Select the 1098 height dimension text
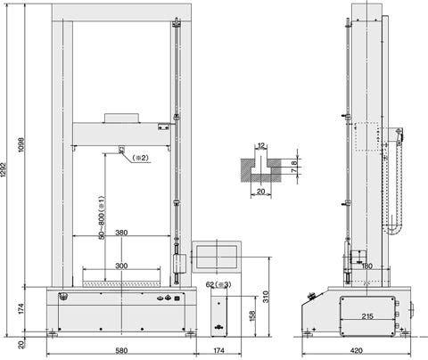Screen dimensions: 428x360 point(21,145)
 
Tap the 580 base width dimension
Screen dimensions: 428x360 point(121,351)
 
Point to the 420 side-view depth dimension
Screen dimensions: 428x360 point(356,351)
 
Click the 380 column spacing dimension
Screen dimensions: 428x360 point(121,233)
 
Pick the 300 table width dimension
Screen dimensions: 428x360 point(121,266)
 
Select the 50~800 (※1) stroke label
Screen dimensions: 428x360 point(102,217)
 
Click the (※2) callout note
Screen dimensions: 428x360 point(140,158)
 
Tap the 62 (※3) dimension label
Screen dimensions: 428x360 point(218,284)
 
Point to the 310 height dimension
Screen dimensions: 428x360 point(266,297)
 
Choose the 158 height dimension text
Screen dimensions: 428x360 point(252,316)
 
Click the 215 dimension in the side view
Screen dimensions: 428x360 point(367,316)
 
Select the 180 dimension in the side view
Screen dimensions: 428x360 point(366,266)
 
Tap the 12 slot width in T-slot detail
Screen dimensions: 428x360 point(261,146)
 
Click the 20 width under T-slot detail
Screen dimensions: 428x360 point(260,192)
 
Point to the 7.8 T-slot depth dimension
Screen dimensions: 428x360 point(293,168)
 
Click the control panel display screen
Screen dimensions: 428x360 point(217,256)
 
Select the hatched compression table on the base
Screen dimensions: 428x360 point(121,284)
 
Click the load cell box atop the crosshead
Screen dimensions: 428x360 point(121,118)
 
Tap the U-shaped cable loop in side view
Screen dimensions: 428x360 point(392,230)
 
